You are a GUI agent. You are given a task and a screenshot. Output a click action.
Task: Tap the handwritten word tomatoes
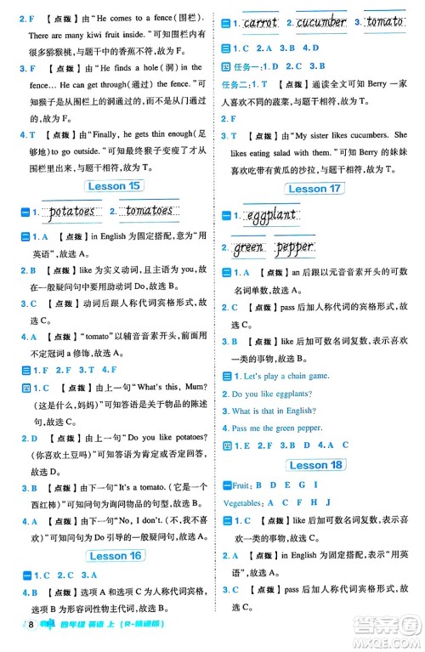click(x=149, y=211)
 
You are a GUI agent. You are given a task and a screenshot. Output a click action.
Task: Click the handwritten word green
click(x=250, y=247)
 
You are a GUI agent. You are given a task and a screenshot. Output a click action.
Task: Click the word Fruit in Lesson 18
click(x=238, y=485)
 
